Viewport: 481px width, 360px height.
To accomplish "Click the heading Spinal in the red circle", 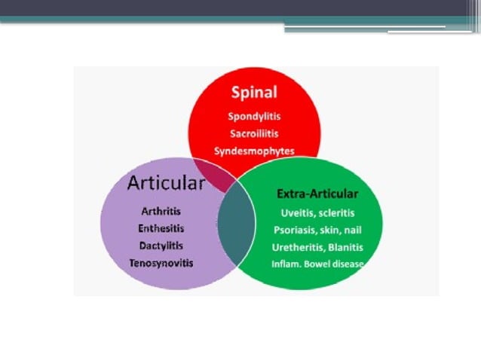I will coord(254,93).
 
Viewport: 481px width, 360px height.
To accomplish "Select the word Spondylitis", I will coord(254,117).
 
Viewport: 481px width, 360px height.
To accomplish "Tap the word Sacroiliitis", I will coord(254,133).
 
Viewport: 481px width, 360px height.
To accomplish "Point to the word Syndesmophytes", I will coord(254,151).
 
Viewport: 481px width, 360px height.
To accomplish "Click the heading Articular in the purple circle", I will coord(166,183).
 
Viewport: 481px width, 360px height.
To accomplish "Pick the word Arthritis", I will coord(161,212).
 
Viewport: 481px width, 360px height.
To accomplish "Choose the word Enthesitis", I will coord(161,228).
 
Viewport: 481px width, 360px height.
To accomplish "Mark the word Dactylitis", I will coord(161,246).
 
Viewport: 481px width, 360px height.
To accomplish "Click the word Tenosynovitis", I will coord(161,263).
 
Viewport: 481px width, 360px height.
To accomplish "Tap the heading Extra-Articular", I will coord(317,194).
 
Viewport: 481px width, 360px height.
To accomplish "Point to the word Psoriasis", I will coord(296,230).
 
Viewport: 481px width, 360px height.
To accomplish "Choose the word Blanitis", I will coord(346,247).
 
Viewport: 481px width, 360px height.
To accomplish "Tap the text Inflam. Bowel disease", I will coord(317,264).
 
